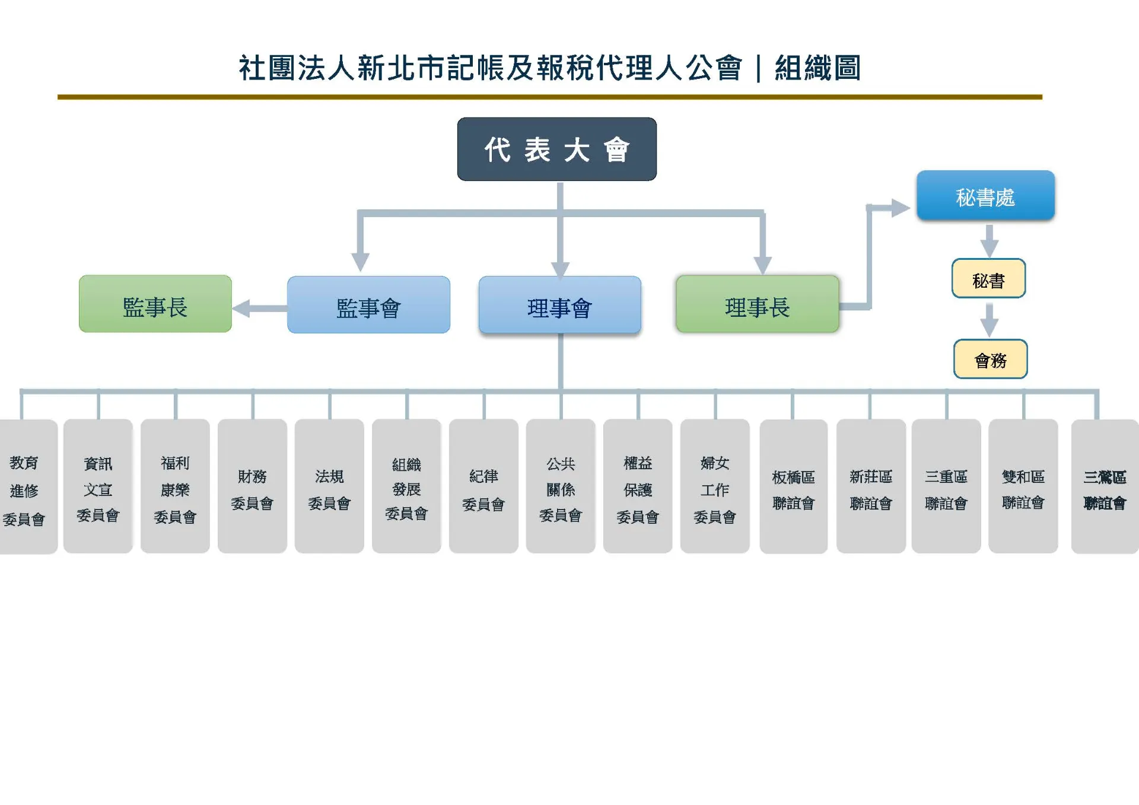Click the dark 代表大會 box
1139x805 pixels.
(556, 149)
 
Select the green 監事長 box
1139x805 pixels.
(155, 304)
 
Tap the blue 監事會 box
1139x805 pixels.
(368, 305)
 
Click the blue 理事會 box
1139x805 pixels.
(560, 305)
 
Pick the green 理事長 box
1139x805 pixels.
(758, 304)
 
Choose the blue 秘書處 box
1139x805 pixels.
(985, 196)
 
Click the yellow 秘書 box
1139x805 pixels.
(989, 278)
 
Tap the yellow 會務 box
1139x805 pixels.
(991, 359)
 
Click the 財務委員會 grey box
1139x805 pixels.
(252, 486)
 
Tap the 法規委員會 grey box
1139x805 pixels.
(329, 486)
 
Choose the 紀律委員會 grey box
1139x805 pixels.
(483, 486)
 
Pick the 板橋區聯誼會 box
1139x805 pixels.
(794, 486)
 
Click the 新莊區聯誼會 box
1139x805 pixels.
(871, 486)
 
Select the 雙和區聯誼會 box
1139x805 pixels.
(1023, 486)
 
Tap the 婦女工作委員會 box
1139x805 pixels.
(715, 486)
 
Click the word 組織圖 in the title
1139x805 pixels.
(817, 68)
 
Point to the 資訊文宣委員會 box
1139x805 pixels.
(98, 486)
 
